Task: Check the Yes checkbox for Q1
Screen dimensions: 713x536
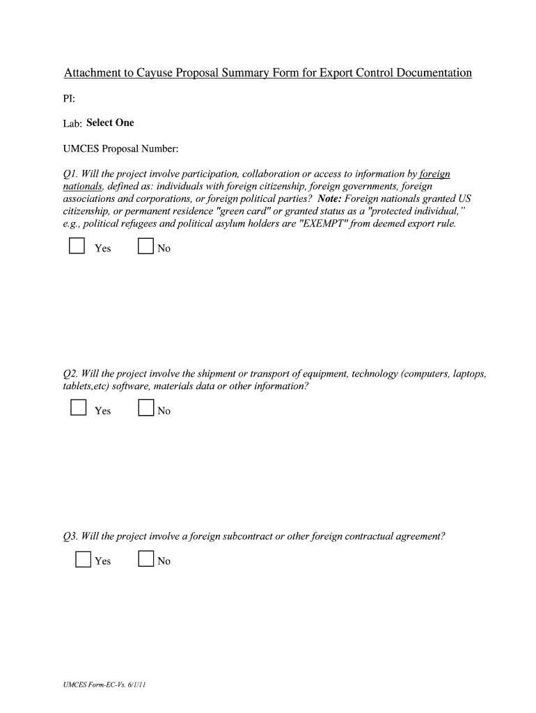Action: [77, 247]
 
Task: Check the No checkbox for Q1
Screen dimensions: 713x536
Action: [145, 247]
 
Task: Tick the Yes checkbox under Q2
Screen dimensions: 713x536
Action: [78, 408]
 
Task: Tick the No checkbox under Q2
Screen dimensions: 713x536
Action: [145, 409]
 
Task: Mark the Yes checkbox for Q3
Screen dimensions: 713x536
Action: [83, 560]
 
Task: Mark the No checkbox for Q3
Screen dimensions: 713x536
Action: [145, 559]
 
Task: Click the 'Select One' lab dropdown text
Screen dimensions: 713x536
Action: [110, 123]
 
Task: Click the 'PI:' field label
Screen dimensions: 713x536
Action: [70, 98]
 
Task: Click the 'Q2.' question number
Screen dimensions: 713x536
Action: [70, 375]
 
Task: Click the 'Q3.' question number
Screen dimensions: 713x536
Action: [70, 536]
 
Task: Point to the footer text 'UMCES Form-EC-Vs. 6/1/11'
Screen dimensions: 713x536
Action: [104, 684]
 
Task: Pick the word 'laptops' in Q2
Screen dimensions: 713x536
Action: [468, 375]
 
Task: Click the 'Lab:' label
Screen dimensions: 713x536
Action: [73, 124]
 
